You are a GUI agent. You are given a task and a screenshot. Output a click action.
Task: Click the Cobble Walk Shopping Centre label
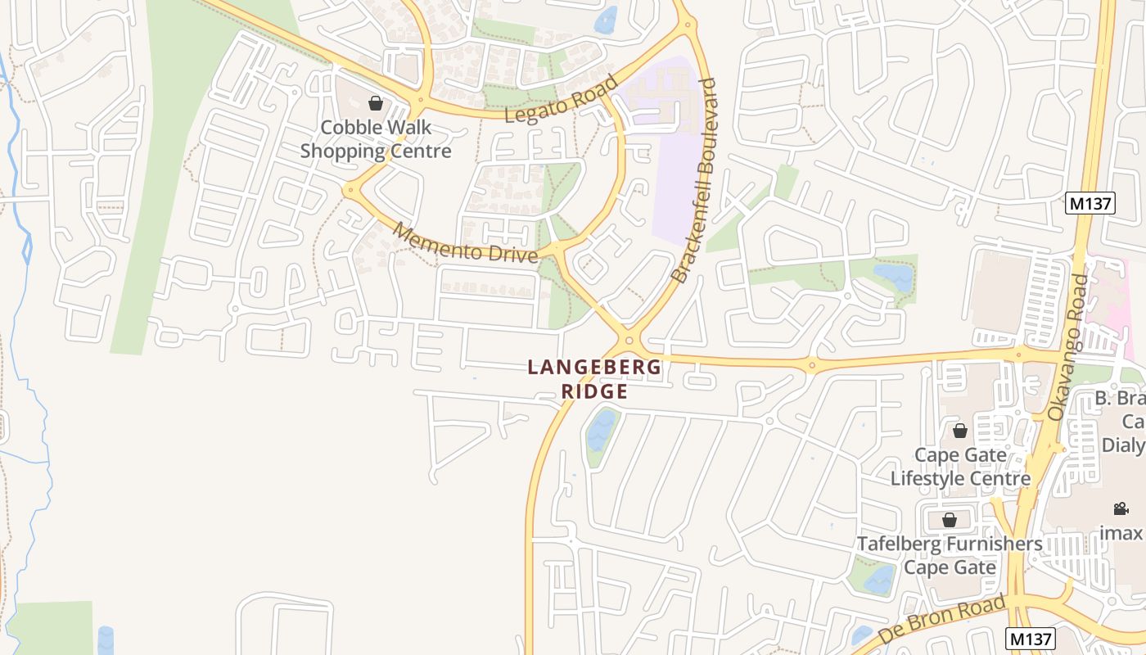coord(376,139)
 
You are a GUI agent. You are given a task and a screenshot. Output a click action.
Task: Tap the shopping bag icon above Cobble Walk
coord(376,103)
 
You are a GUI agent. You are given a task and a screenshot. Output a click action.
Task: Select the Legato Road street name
coord(561,100)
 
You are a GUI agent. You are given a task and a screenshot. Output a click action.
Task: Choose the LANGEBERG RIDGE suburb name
coord(595,379)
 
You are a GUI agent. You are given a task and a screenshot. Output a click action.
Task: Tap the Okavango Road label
coord(1069,348)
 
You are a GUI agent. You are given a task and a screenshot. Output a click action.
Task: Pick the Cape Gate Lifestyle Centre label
coord(960,467)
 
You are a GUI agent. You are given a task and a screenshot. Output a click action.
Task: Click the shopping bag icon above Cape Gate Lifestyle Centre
coord(960,431)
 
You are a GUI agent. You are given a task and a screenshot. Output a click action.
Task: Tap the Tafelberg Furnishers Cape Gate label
coord(950,555)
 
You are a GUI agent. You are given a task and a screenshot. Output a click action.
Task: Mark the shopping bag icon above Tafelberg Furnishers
coord(950,520)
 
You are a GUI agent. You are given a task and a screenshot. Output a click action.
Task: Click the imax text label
coord(1121,533)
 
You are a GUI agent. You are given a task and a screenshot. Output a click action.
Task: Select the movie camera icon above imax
coord(1121,508)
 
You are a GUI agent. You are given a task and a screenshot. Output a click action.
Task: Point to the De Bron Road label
coord(941,620)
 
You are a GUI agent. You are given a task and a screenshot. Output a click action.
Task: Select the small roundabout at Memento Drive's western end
coord(351,190)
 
